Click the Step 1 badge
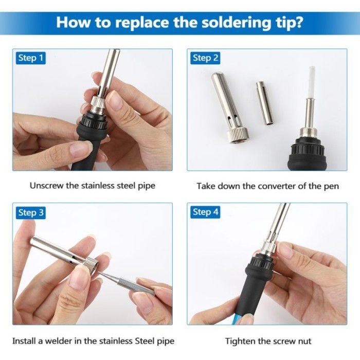tap(31, 58)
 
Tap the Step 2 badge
tap(205, 58)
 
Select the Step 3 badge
tap(31, 212)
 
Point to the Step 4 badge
tap(205, 212)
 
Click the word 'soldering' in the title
tap(237, 23)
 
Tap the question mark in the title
tap(298, 22)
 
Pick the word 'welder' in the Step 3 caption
tap(59, 340)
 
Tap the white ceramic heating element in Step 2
tap(312, 82)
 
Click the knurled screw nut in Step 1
tap(99, 105)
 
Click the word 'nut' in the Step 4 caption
tap(305, 341)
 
